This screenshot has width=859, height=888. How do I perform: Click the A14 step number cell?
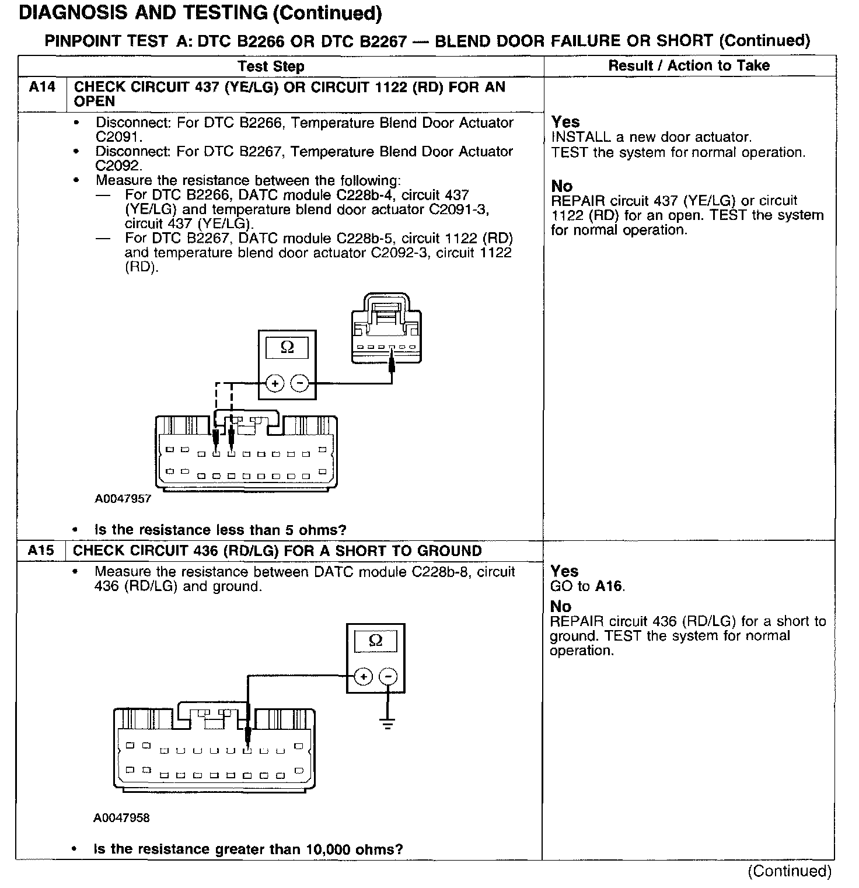tap(42, 88)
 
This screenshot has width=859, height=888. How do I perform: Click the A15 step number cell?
tap(41, 551)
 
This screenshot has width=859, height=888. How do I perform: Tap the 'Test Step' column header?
tap(271, 66)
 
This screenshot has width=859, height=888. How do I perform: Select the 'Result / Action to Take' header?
tap(689, 65)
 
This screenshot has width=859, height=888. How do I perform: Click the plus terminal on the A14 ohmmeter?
tap(274, 383)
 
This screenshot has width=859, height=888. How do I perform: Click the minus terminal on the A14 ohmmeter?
tap(299, 383)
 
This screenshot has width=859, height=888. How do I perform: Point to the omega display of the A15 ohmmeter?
tap(376, 641)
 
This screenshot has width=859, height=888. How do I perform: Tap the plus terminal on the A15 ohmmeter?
tap(363, 676)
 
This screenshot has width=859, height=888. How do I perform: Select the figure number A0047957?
tap(123, 499)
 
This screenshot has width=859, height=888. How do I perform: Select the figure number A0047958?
tap(121, 818)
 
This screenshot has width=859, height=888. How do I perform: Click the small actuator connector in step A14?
tap(386, 330)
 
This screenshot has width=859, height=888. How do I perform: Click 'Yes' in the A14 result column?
tap(565, 122)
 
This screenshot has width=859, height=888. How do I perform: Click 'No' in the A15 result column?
tap(560, 606)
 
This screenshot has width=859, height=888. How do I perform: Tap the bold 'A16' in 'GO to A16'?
tap(609, 586)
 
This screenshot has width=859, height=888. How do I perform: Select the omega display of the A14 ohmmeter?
tap(287, 348)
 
